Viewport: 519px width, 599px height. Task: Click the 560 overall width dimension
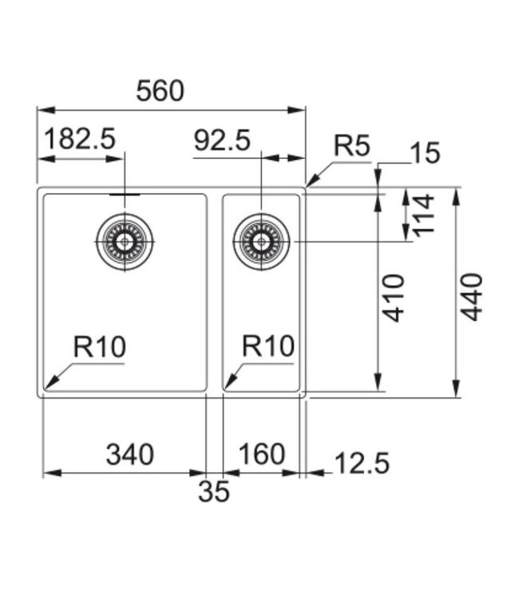pos(160,91)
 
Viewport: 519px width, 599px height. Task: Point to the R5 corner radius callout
pos(352,145)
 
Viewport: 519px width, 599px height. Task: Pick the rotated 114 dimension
pos(423,214)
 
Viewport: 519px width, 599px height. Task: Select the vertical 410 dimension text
pos(394,297)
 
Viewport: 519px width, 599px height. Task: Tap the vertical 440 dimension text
pos(473,297)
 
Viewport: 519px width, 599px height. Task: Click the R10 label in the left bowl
pos(100,347)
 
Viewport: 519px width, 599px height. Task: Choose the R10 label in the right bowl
pos(268,347)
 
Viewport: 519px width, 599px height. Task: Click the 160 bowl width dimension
pos(261,454)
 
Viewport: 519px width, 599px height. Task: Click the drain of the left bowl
pos(124,240)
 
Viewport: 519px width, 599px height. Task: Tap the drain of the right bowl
pos(261,241)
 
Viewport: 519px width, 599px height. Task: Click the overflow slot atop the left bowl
pos(124,193)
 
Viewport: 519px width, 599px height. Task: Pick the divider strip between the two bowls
pos(214,292)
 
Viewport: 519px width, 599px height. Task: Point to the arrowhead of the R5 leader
pos(308,184)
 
